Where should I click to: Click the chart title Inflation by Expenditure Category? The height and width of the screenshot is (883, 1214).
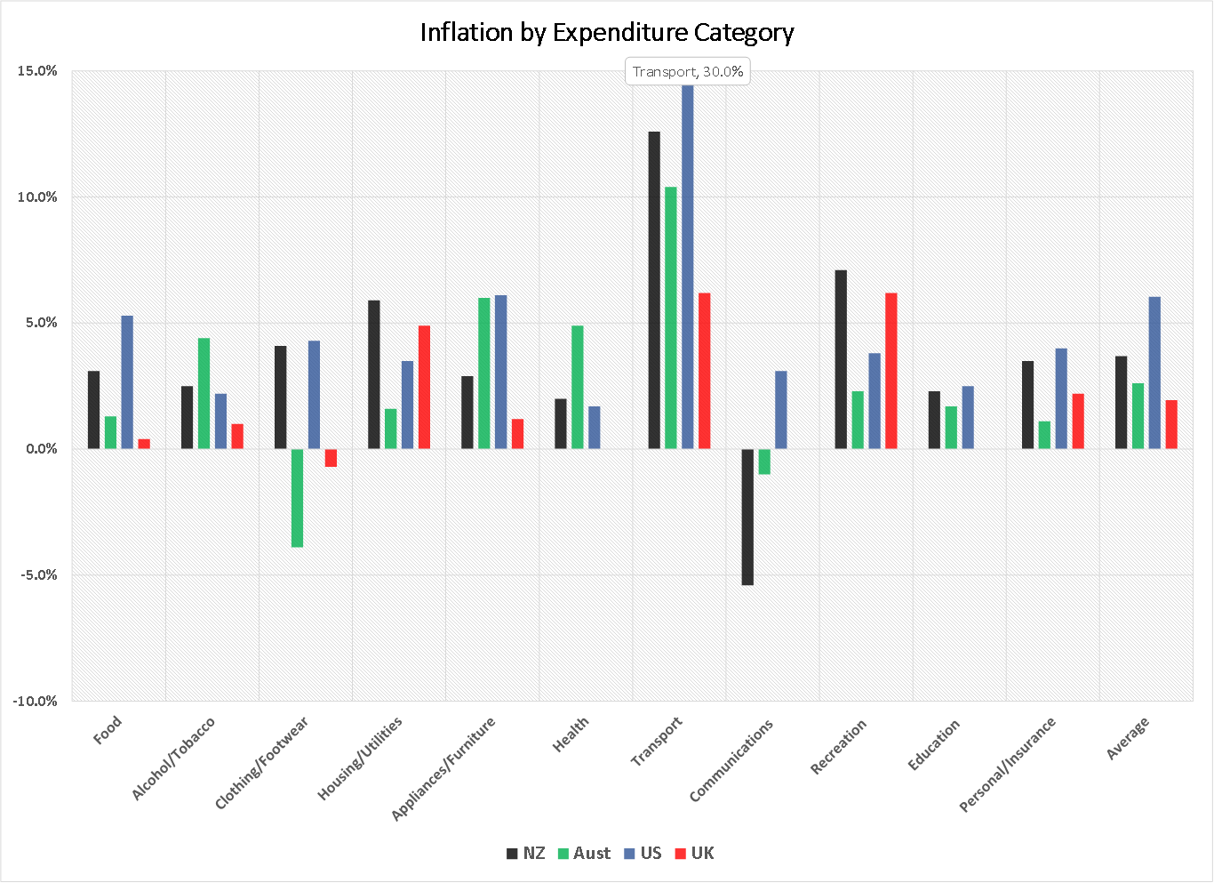606,33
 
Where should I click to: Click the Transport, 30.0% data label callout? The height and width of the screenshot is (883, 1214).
688,71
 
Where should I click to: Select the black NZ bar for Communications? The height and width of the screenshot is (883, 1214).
747,517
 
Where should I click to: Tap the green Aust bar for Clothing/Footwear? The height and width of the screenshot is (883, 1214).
297,497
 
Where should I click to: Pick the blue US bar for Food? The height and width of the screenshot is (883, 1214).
127,381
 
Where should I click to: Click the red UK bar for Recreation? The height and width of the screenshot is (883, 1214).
891,370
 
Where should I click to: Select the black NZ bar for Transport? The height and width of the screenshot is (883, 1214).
654,289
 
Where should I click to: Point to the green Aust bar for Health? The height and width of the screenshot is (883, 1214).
577,387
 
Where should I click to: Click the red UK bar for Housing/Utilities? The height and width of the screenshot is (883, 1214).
424,387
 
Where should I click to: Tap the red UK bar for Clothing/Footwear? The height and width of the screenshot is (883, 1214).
331,457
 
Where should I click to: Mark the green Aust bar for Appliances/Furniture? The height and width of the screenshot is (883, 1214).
483,373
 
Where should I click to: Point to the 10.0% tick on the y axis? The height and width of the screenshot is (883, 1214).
37,197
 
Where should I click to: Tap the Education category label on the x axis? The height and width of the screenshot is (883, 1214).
934,744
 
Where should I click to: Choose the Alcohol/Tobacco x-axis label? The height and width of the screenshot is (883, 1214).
173,759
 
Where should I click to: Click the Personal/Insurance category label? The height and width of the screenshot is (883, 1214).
1008,764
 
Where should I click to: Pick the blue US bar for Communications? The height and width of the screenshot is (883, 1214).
780,409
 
